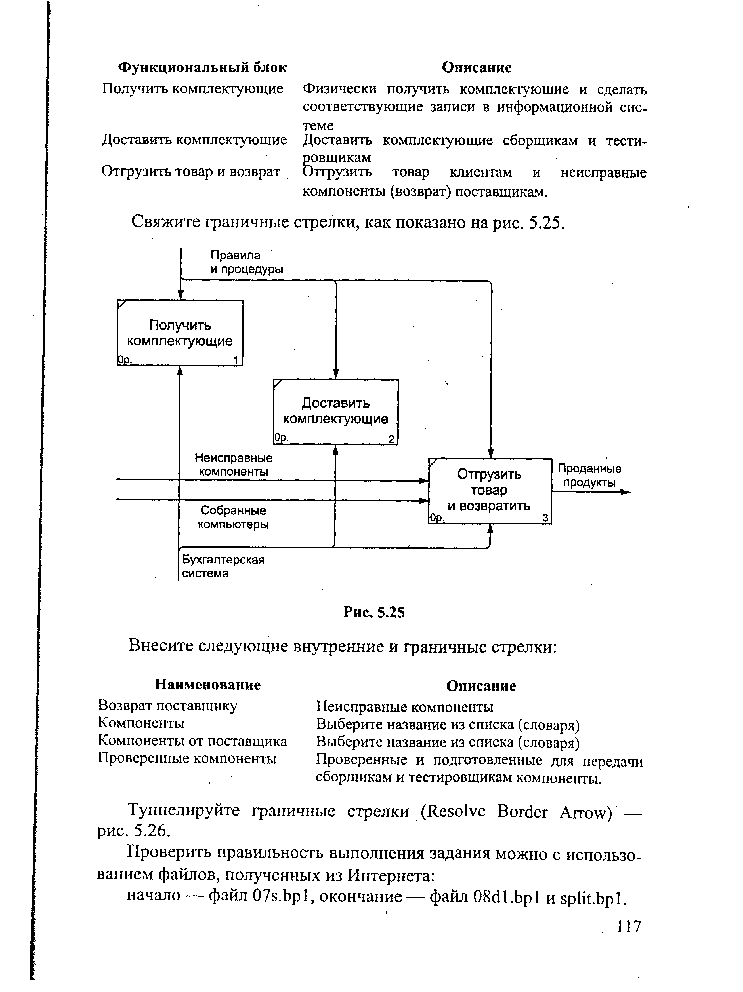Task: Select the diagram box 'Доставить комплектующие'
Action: click(336, 411)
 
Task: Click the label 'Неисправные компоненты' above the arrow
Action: click(233, 465)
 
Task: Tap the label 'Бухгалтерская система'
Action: click(223, 566)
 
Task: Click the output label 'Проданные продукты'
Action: click(589, 475)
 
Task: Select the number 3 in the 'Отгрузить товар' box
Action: click(545, 518)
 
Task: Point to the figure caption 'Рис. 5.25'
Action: click(374, 612)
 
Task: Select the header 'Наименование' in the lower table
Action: click(208, 685)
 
